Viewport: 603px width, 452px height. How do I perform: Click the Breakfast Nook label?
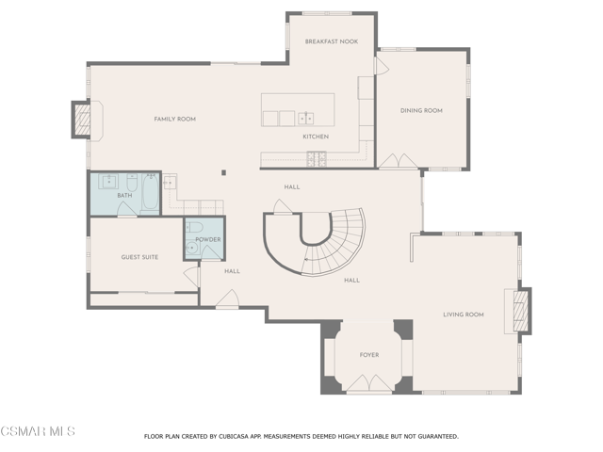[332, 41]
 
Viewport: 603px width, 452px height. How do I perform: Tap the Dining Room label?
[421, 111]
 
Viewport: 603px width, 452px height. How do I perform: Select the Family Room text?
[175, 120]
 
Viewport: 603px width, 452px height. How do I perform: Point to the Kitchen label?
[316, 137]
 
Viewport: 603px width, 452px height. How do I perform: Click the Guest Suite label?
[139, 257]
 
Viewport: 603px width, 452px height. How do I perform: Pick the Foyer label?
[369, 355]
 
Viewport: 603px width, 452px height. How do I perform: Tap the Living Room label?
[464, 315]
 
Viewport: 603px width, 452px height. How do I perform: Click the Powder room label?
[208, 239]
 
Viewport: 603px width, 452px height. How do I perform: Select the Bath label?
[124, 195]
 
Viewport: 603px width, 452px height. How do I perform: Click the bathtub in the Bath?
[151, 191]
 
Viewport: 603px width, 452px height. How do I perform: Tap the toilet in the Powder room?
[195, 227]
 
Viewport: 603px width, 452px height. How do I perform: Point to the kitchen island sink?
[306, 118]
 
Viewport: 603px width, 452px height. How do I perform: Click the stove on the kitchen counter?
[317, 159]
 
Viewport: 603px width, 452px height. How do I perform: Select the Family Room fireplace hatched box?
[82, 120]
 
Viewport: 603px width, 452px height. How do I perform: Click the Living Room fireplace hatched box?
[521, 311]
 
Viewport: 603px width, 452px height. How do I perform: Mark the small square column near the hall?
[223, 173]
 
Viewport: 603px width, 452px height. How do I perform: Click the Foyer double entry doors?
[369, 383]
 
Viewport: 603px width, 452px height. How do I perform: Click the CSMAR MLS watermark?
[38, 431]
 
